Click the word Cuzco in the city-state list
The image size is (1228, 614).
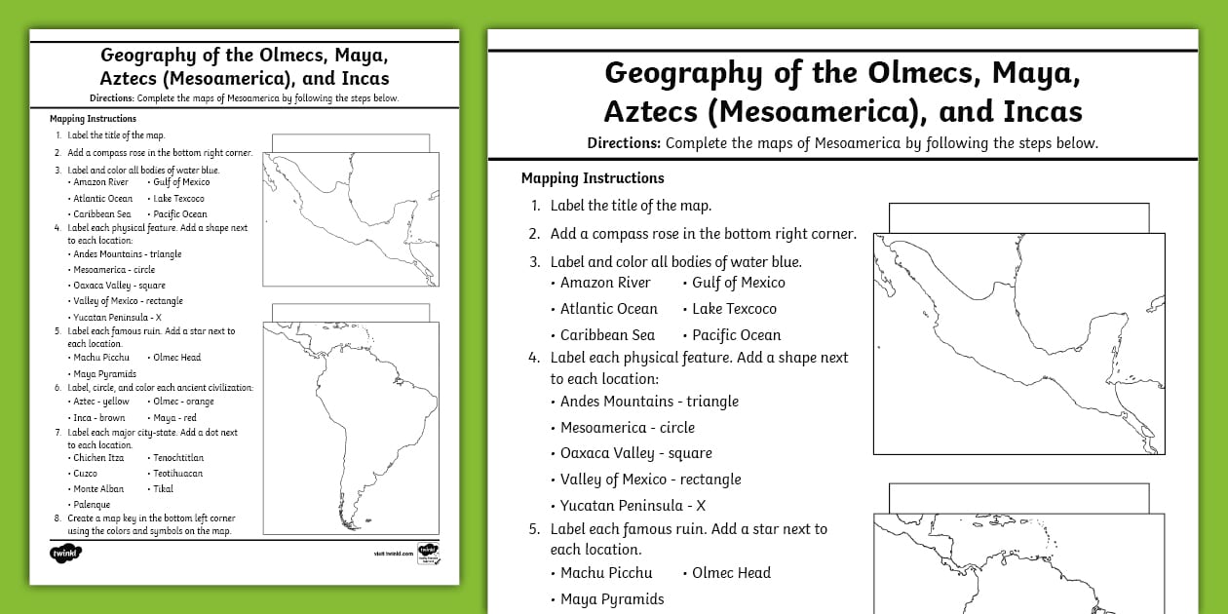point(85,474)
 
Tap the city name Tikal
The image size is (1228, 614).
point(163,489)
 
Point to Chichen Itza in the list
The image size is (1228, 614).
point(97,458)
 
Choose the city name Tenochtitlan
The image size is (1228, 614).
point(178,458)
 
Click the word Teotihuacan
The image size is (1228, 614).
point(177,474)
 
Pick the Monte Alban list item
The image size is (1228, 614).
point(97,489)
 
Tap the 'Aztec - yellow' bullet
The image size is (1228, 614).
point(100,402)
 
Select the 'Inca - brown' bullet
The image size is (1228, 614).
point(98,418)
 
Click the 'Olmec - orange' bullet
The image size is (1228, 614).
point(183,402)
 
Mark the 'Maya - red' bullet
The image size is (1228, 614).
point(174,418)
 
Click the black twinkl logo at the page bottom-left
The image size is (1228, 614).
point(65,553)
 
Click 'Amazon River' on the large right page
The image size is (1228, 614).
point(604,283)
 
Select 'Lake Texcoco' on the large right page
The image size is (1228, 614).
point(734,309)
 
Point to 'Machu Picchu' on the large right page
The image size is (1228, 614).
point(605,573)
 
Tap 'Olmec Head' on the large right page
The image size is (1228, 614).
point(731,573)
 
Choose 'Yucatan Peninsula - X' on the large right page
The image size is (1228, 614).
point(633,506)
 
